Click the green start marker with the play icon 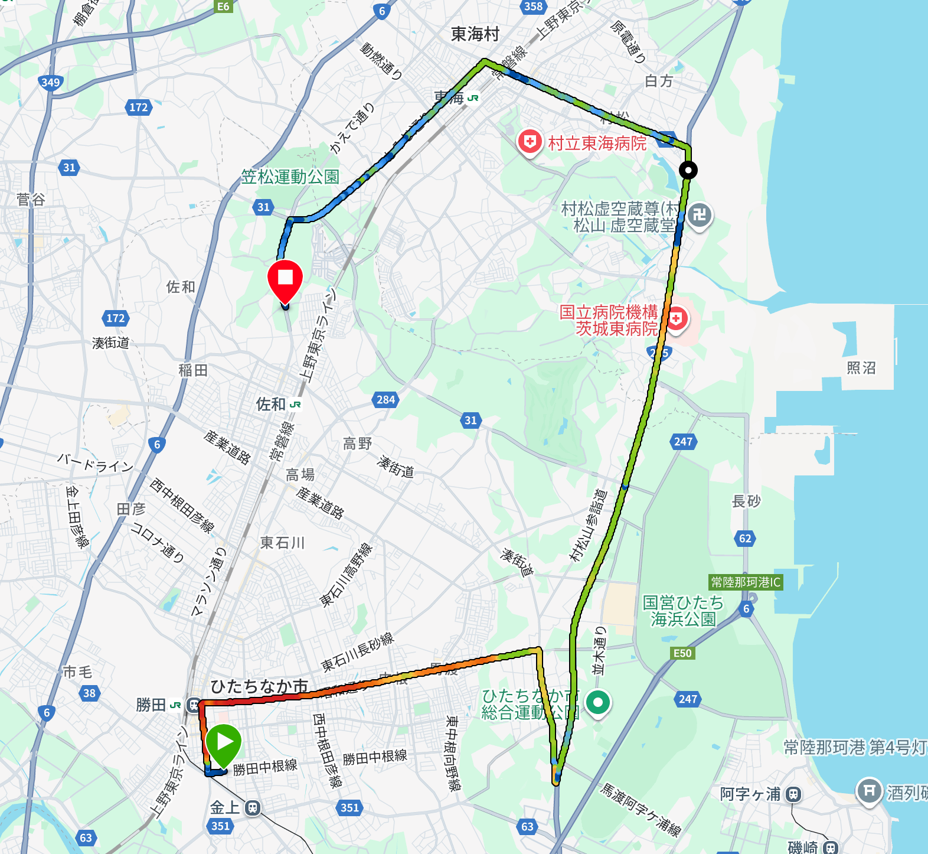click(x=223, y=742)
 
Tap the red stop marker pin click(x=285, y=279)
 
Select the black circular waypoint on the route click(x=688, y=170)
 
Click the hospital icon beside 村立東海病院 click(x=530, y=142)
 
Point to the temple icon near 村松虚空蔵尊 click(x=700, y=215)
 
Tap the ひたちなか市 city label click(x=260, y=686)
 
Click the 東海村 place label click(x=475, y=34)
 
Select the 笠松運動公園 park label click(x=290, y=177)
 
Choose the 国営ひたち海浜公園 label click(x=683, y=611)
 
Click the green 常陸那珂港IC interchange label click(x=746, y=582)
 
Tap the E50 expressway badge click(x=682, y=653)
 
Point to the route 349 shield click(x=51, y=82)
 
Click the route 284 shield click(x=385, y=400)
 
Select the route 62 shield click(x=745, y=538)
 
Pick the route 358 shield click(x=533, y=6)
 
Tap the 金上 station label click(x=225, y=807)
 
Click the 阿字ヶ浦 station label click(x=750, y=794)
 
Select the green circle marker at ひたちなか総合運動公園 click(x=597, y=702)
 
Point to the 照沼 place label click(x=861, y=368)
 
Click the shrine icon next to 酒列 click(x=869, y=790)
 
